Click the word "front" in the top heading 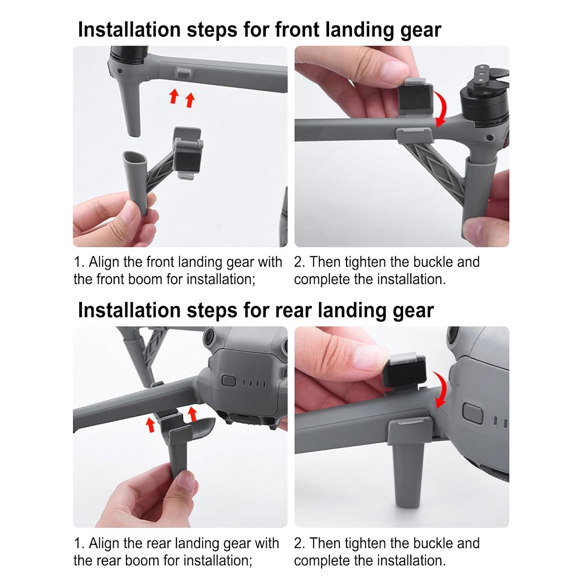[x=298, y=29]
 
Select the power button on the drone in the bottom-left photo [x=229, y=381]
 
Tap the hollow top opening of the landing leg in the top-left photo [x=134, y=158]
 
